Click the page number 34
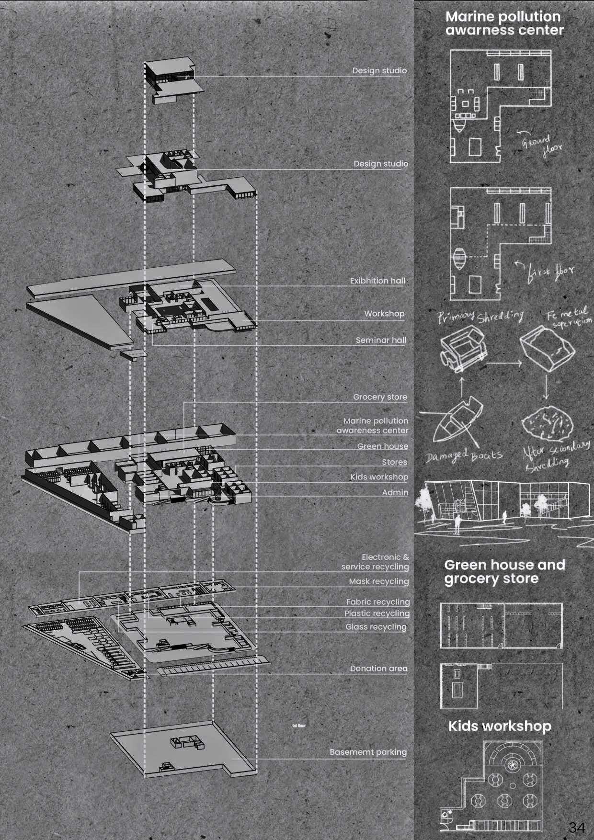[577, 827]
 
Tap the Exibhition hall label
[377, 281]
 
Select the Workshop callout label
[384, 314]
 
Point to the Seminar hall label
[381, 341]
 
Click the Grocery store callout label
[380, 397]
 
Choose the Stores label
[394, 462]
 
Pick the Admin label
[395, 492]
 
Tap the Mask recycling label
[378, 581]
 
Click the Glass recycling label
[376, 627]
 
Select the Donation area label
[378, 669]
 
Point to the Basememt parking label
[368, 752]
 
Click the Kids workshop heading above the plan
[500, 726]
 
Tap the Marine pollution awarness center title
[504, 23]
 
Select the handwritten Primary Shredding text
[480, 317]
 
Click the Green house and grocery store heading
[504, 572]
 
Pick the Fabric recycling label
[378, 602]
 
